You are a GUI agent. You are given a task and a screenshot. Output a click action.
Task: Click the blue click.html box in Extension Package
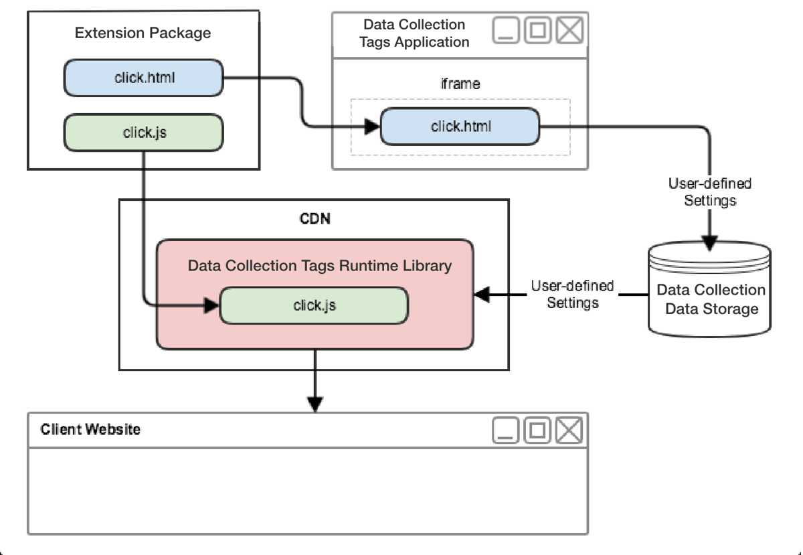(x=143, y=77)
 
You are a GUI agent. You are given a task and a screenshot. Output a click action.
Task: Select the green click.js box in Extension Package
(x=143, y=132)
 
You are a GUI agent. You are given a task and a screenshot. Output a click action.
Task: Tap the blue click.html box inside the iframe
(x=460, y=125)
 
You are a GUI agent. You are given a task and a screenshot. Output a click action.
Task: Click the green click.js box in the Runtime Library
(x=314, y=305)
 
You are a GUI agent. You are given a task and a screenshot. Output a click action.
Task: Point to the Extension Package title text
(x=143, y=33)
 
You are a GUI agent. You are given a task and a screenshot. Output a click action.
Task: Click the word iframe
(x=461, y=84)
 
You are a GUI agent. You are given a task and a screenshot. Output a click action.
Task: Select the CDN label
(x=314, y=219)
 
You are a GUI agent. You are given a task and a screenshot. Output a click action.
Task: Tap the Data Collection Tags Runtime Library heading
(x=319, y=266)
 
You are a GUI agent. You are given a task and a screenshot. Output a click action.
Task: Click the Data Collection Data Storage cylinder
(x=710, y=295)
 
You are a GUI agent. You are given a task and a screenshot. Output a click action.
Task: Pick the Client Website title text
(x=91, y=429)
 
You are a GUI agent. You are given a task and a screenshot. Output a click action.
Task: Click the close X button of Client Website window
(x=569, y=430)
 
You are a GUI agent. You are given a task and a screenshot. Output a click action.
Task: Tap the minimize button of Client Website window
(x=506, y=430)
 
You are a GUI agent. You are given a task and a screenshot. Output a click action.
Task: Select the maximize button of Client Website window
(x=537, y=430)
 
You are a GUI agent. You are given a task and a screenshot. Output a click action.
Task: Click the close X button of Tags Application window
(x=570, y=30)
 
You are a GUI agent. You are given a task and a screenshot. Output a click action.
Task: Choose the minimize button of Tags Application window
(x=507, y=30)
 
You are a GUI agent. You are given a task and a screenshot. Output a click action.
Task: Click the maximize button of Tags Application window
(x=538, y=30)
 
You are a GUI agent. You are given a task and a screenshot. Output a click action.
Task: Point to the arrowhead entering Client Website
(x=315, y=404)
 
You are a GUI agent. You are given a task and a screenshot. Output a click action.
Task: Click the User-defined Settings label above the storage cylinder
(x=710, y=191)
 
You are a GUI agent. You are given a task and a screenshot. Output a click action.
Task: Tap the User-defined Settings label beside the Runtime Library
(x=572, y=294)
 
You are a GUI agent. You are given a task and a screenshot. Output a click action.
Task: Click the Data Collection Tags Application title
(x=414, y=33)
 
